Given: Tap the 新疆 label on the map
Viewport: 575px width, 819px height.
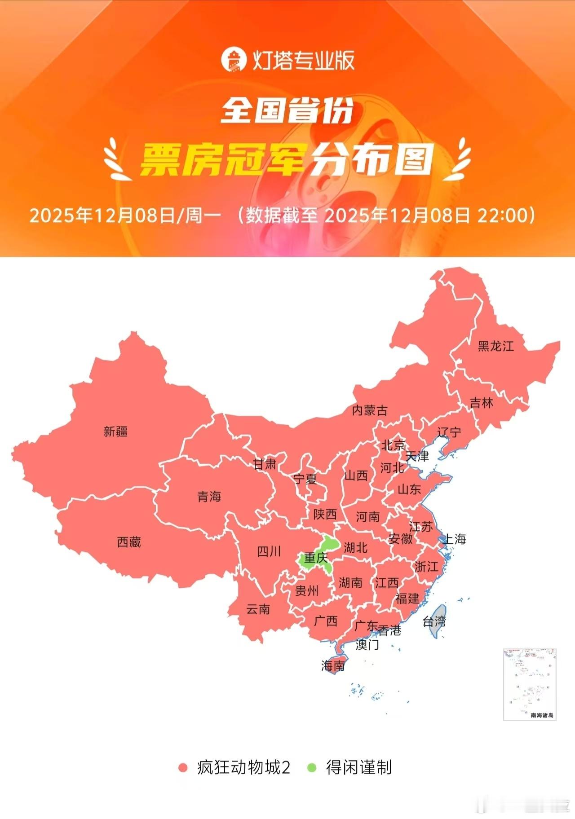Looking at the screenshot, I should click(115, 432).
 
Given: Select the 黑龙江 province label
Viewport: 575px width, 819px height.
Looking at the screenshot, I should click(495, 346).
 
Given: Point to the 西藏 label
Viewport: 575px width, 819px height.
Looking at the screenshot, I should click(129, 542).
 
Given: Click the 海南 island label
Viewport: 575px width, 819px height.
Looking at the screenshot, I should click(333, 665).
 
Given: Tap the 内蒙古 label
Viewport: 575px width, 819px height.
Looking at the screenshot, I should click(369, 410).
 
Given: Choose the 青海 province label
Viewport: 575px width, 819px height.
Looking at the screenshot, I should click(209, 497).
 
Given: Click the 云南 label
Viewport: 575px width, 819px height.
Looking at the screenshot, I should click(258, 609).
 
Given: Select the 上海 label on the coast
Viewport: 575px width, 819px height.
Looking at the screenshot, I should click(454, 539).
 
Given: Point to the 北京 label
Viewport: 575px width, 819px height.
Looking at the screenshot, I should click(393, 445).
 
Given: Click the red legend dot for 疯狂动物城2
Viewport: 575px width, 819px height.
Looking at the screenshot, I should click(183, 768).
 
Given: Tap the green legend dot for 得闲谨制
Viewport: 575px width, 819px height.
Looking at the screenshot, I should click(312, 768).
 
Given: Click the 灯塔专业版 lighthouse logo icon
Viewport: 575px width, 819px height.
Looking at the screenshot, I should click(234, 60).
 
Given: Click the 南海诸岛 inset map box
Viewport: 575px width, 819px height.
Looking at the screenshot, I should click(530, 684).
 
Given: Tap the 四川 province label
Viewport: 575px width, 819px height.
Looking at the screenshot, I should click(269, 551).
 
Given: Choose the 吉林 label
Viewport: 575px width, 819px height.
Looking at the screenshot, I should click(481, 403).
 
